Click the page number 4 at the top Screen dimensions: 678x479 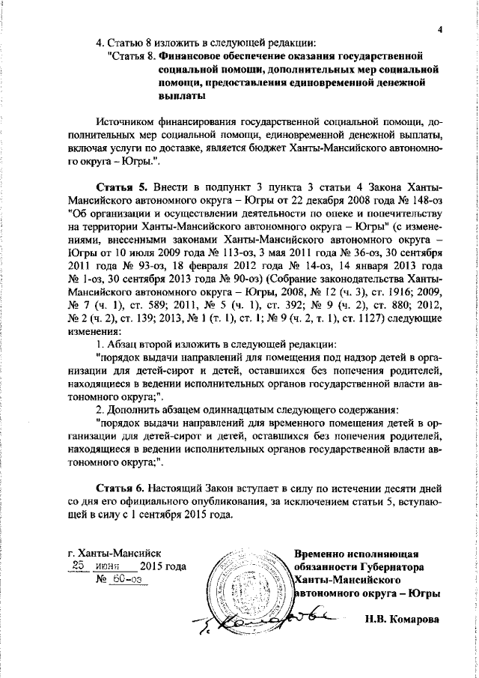click(442, 28)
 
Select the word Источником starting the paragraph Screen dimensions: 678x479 click(127, 122)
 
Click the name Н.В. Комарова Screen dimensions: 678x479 click(403, 620)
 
